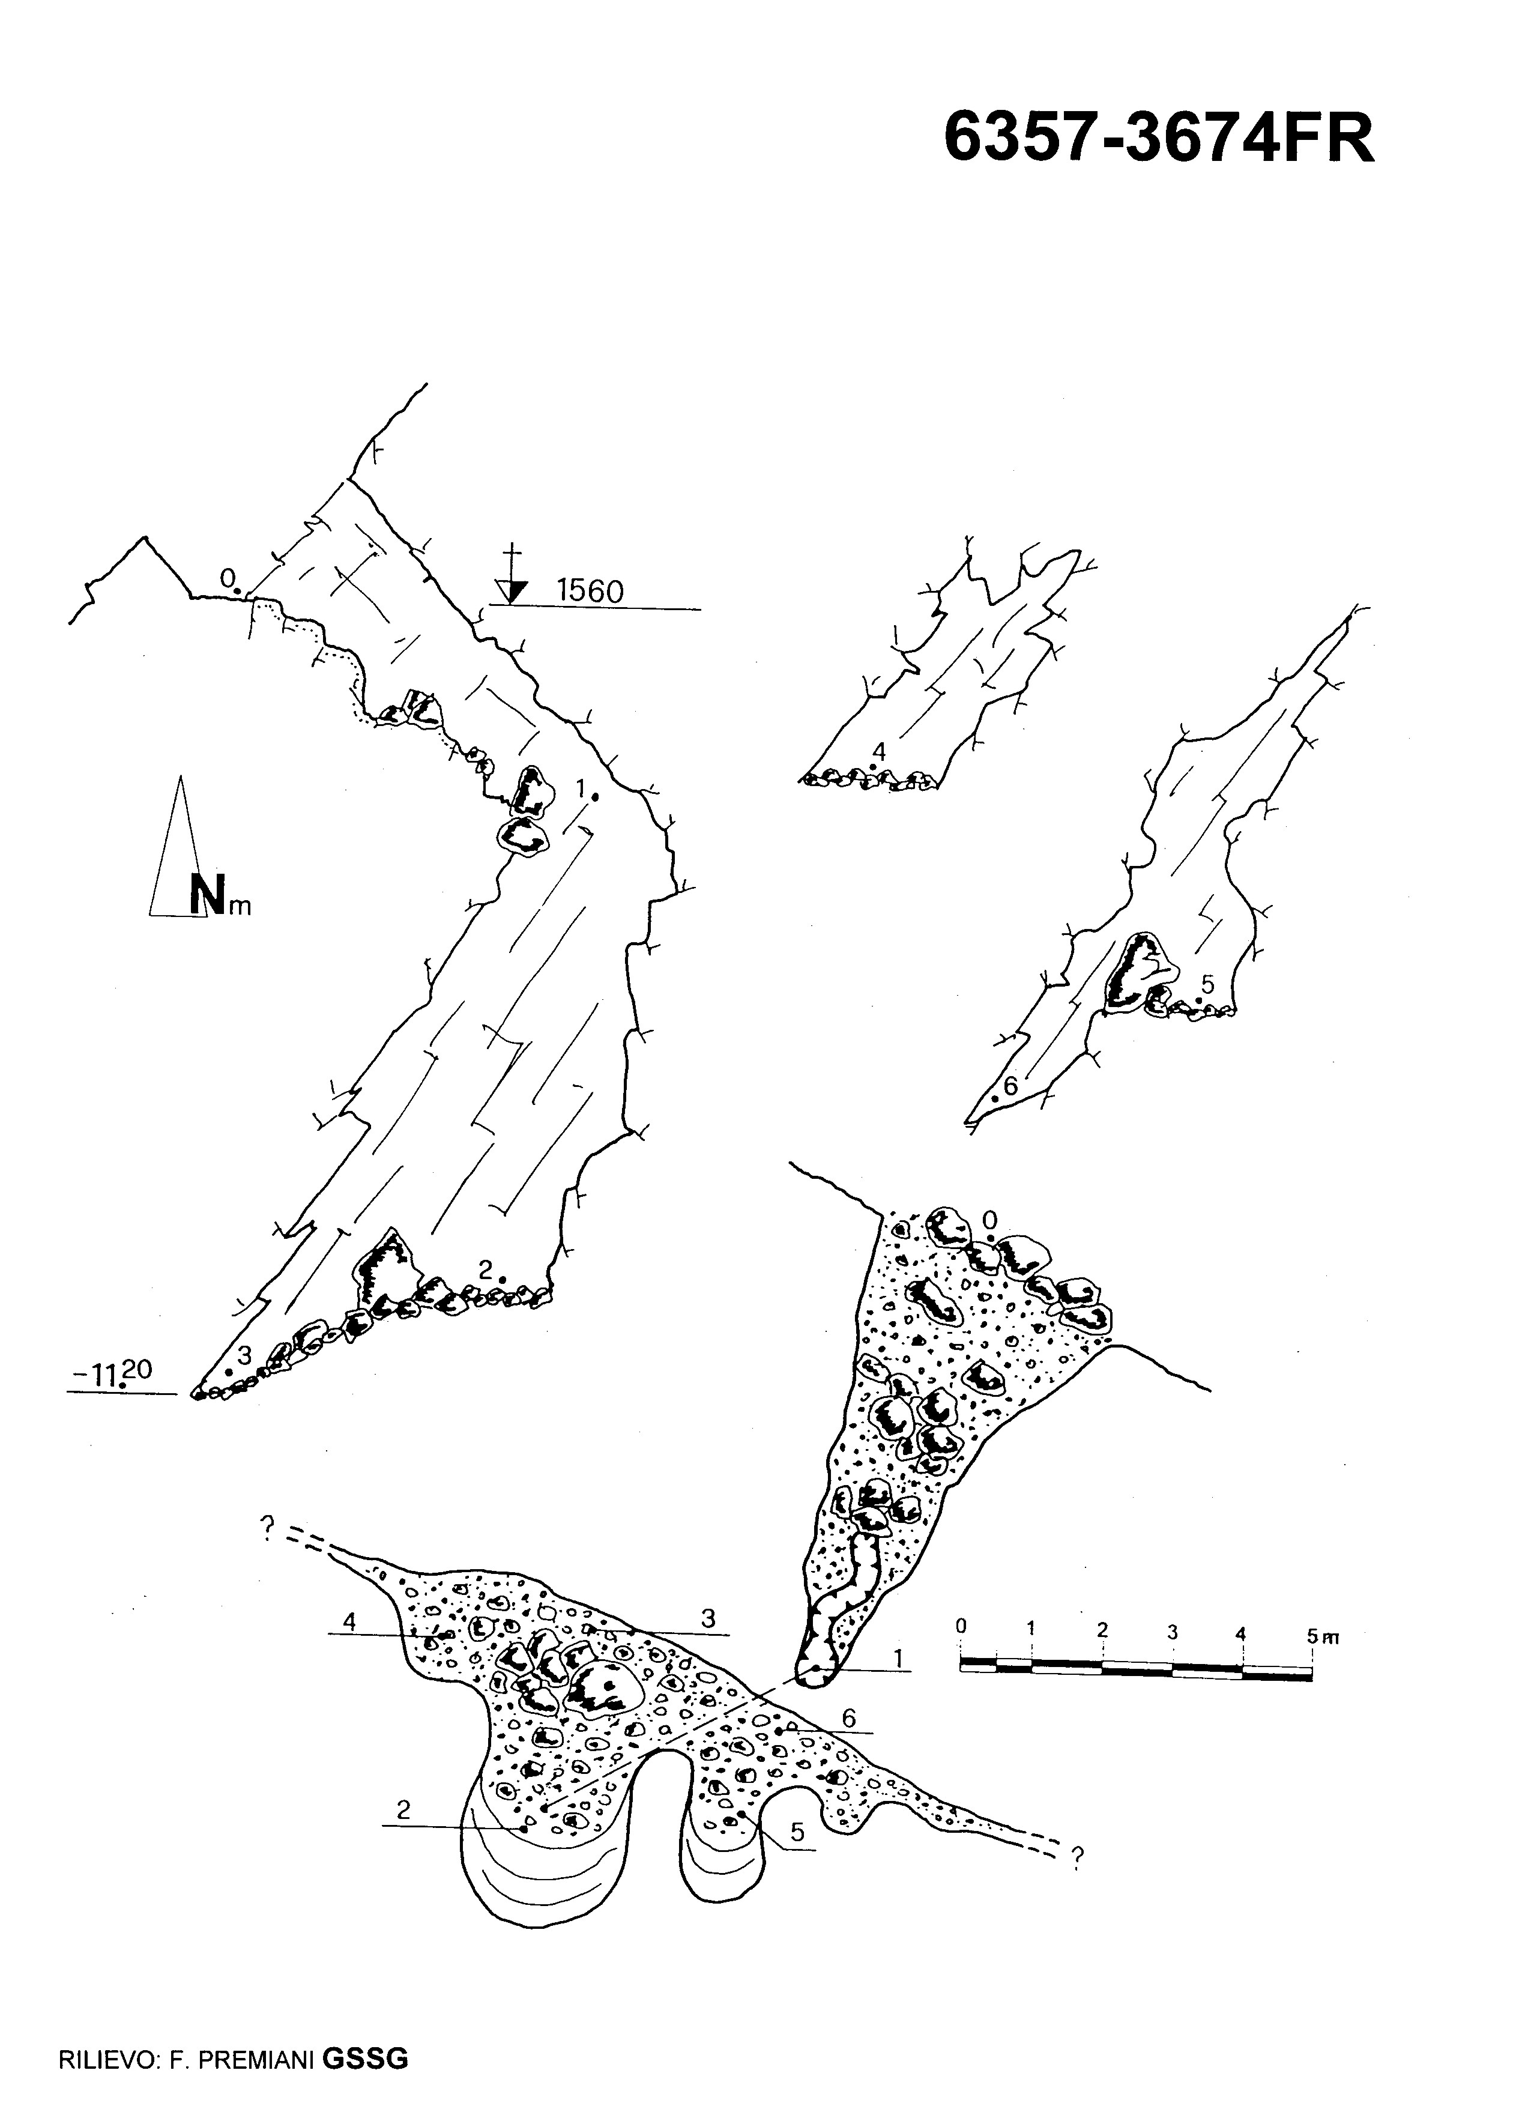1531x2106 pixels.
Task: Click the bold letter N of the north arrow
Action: tap(207, 894)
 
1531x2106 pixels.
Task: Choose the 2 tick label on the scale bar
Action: tap(1102, 1630)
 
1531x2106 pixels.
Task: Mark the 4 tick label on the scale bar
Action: tap(1242, 1632)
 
